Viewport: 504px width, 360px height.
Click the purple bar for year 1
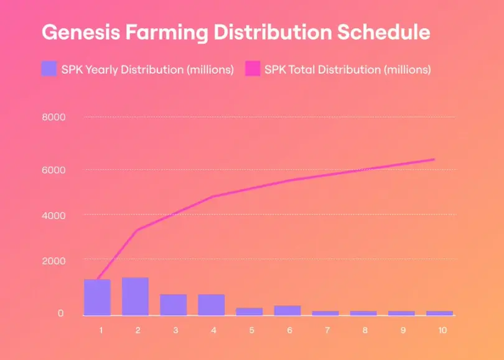pos(97,297)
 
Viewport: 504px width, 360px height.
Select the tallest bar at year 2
pos(135,296)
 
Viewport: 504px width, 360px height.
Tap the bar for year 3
pos(173,305)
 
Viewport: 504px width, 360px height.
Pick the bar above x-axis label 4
pos(211,305)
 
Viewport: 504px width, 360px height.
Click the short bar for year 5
pos(249,312)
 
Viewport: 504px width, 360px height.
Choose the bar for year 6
pos(287,310)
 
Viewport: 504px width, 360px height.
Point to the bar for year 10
pos(440,313)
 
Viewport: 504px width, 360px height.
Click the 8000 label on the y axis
pos(54,117)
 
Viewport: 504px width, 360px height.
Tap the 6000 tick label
pos(54,170)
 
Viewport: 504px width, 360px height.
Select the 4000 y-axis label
pos(54,215)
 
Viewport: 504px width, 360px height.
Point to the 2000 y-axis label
pos(54,260)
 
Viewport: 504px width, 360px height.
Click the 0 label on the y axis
pos(60,313)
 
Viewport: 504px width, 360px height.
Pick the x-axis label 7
pos(328,330)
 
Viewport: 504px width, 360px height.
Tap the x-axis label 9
pos(404,330)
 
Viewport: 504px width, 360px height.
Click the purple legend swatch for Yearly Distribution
pos(49,68)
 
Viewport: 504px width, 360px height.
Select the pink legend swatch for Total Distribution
pos(252,68)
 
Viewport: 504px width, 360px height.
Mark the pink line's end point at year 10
pos(434,159)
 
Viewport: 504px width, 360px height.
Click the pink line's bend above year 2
pos(136,230)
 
